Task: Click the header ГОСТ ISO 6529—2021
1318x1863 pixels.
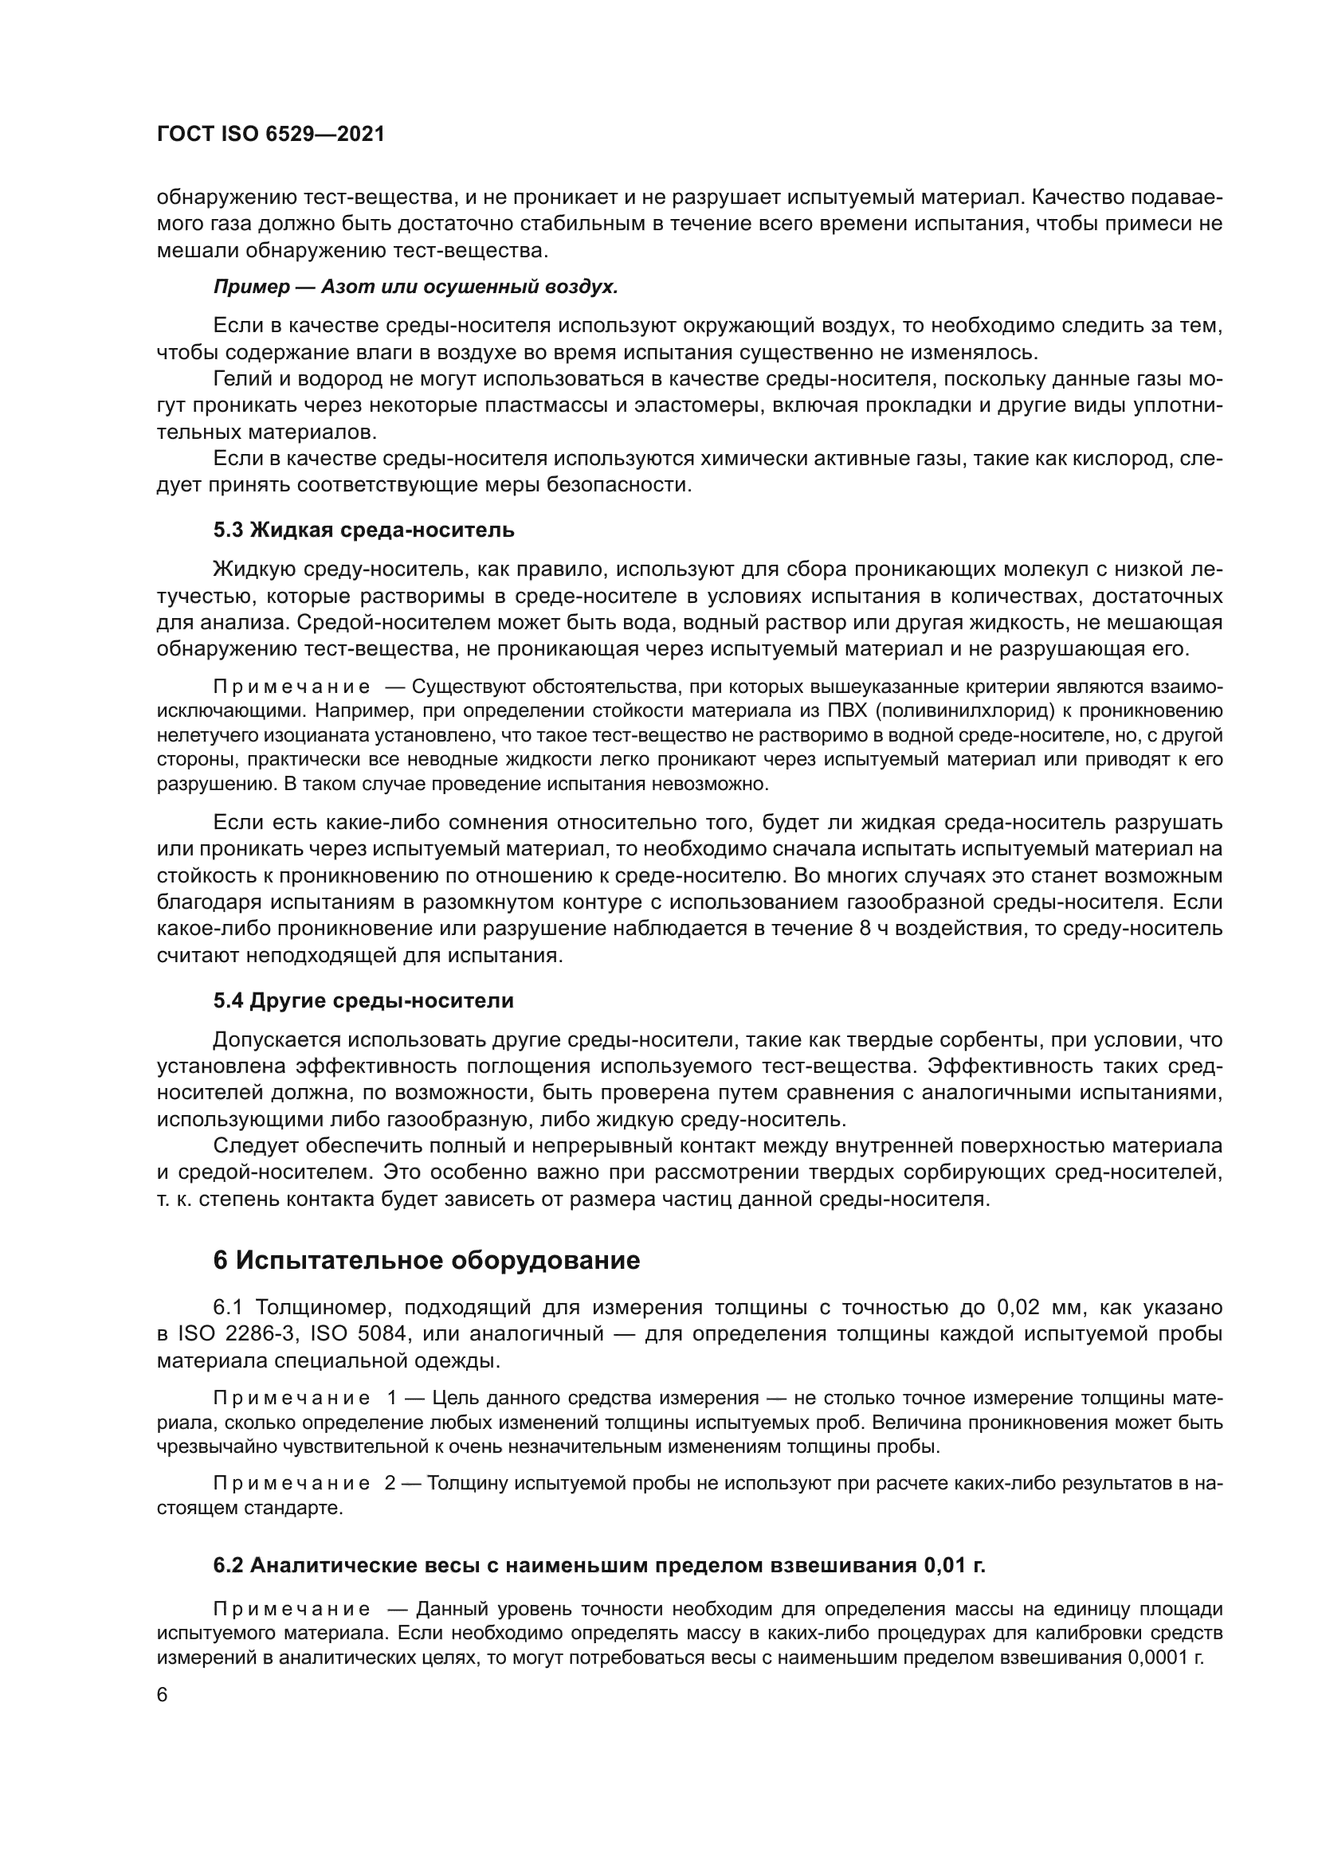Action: [x=270, y=135]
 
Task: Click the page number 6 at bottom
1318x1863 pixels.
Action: [x=163, y=1696]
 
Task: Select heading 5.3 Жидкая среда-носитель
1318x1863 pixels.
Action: [x=363, y=530]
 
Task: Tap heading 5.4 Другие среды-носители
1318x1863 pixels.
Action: [x=363, y=1000]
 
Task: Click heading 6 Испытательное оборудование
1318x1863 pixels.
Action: [x=426, y=1260]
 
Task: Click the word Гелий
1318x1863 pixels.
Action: [x=239, y=379]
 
